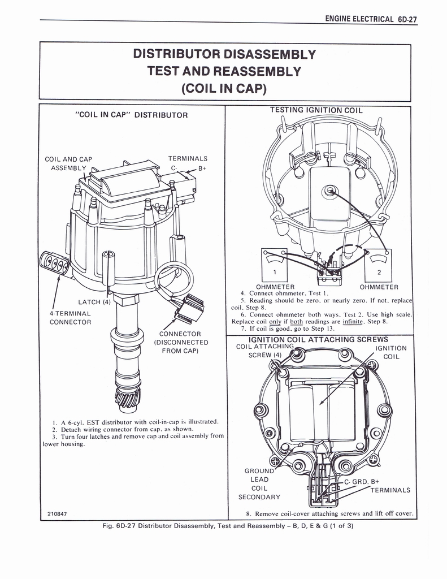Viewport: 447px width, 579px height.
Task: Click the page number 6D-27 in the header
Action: pos(407,19)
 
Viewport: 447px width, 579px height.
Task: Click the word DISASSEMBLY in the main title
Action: pos(267,55)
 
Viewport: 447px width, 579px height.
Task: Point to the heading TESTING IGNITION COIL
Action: pos(316,110)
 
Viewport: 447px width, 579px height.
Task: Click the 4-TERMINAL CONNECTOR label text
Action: pos(70,317)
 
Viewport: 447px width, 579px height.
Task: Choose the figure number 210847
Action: pos(57,513)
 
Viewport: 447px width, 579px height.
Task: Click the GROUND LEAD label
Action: pos(259,475)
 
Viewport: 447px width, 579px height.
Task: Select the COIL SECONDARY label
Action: pos(259,492)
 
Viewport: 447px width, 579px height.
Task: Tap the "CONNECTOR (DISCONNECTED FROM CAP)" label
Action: pos(181,342)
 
